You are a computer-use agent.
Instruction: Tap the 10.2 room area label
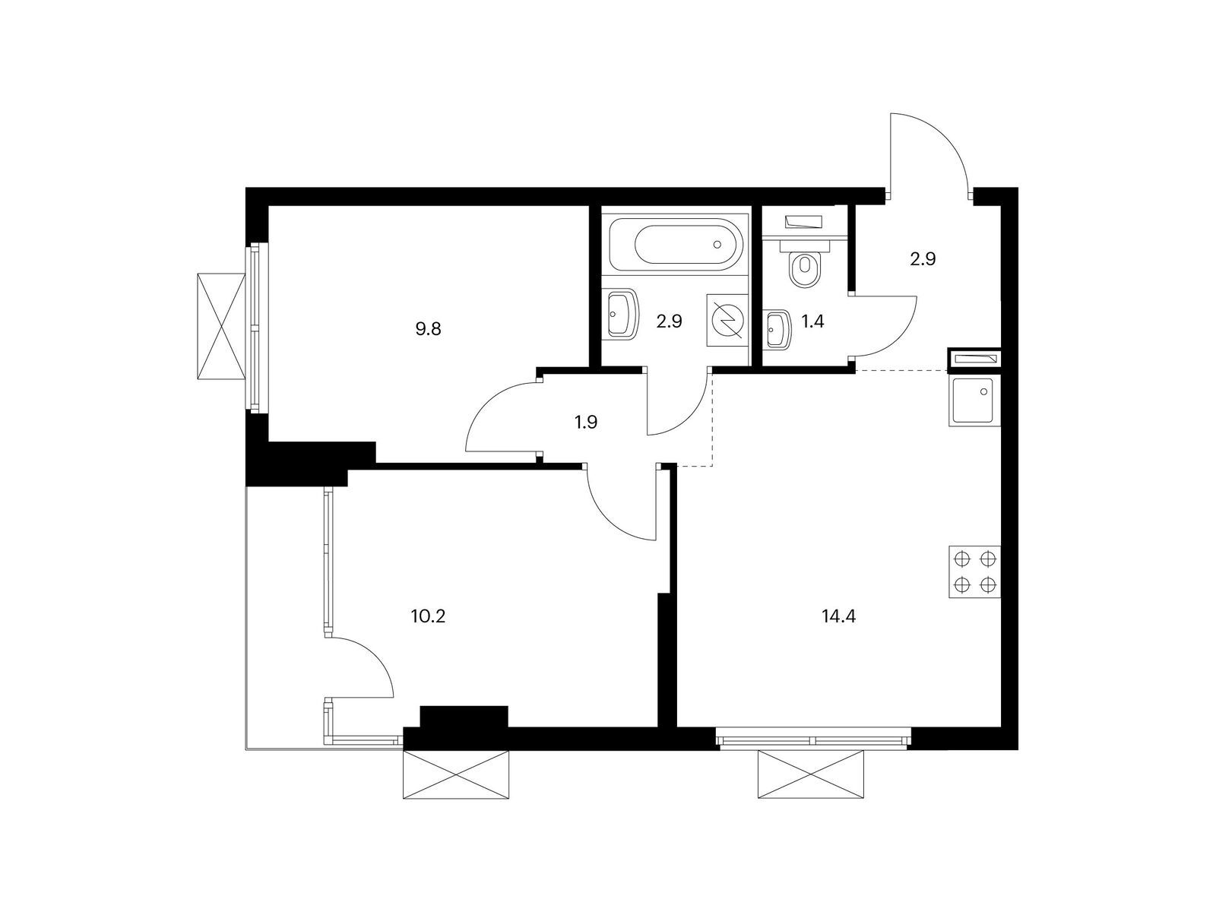click(x=427, y=616)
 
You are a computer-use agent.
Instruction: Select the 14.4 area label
click(x=838, y=616)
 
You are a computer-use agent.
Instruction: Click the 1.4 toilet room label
click(x=812, y=321)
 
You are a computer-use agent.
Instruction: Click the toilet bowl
click(x=804, y=270)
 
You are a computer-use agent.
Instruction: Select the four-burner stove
click(x=974, y=572)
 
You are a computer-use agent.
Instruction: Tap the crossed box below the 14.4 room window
click(x=811, y=774)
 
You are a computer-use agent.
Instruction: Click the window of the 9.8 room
click(x=257, y=328)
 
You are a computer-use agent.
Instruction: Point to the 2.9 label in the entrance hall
click(x=923, y=258)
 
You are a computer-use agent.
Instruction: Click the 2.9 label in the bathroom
click(x=670, y=321)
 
